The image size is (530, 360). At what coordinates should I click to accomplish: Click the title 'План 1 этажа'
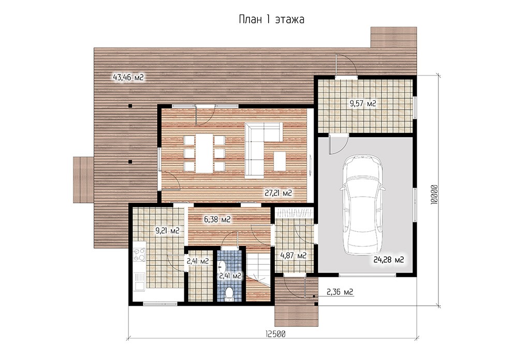(271, 20)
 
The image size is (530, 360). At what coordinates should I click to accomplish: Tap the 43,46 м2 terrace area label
(128, 78)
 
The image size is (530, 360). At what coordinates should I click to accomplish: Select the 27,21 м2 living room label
(278, 193)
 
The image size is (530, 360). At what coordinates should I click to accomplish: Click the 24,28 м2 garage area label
(389, 260)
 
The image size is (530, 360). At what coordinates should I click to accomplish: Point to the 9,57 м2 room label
(363, 103)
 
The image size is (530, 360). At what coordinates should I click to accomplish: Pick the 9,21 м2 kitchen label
(167, 231)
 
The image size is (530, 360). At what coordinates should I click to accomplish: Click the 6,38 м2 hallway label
(217, 219)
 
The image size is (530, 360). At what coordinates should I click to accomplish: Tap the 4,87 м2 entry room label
(293, 256)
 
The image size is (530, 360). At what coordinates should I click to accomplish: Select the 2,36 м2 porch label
(340, 291)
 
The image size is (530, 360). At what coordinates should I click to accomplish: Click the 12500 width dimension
(275, 334)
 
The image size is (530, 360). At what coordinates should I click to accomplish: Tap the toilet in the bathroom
(229, 293)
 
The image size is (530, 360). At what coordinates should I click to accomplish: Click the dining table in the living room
(204, 153)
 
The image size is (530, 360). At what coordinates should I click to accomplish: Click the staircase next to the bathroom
(258, 274)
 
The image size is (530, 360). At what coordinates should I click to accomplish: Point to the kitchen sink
(139, 282)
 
